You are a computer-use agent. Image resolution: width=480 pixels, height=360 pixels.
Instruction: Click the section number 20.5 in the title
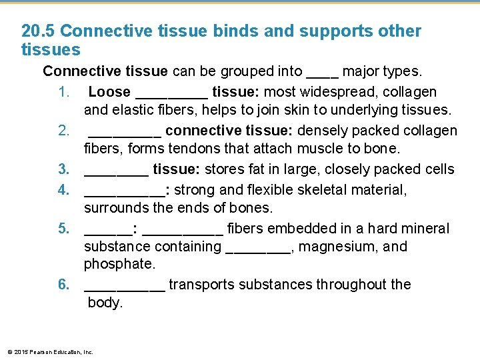pyautogui.click(x=38, y=31)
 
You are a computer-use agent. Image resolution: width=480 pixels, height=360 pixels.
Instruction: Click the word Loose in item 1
pyautogui.click(x=109, y=92)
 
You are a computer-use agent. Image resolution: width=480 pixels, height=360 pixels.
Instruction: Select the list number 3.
pyautogui.click(x=63, y=169)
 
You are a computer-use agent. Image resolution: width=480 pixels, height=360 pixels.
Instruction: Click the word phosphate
pyautogui.click(x=119, y=264)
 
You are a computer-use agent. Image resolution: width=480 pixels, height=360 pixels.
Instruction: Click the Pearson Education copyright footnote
pyautogui.click(x=50, y=351)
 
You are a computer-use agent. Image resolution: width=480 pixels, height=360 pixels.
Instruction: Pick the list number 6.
pyautogui.click(x=63, y=285)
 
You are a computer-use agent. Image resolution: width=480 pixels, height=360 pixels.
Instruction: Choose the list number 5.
pyautogui.click(x=63, y=229)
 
